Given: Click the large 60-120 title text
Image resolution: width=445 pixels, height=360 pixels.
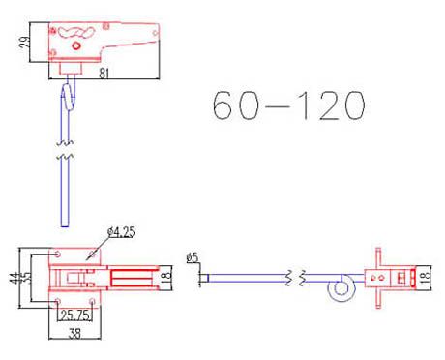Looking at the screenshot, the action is click(x=288, y=105).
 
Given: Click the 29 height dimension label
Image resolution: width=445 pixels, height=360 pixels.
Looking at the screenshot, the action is click(x=25, y=43).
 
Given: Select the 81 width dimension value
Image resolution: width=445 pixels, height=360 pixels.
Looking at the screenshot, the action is click(x=104, y=74).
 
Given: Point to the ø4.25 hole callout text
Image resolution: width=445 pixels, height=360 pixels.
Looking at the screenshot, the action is click(x=122, y=232).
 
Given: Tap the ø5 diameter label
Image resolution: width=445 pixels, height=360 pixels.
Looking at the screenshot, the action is click(x=193, y=257).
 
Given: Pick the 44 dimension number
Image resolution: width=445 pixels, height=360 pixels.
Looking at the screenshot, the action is click(x=15, y=278).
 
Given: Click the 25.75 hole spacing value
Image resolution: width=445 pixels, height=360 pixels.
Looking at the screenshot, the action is click(x=74, y=315).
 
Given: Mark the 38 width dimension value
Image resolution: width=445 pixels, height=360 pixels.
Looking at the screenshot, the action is click(x=74, y=334).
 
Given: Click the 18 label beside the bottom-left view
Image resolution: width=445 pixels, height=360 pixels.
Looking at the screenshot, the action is click(x=165, y=277).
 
